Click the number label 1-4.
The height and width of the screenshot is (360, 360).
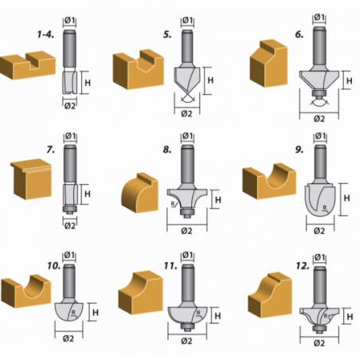point(45,34)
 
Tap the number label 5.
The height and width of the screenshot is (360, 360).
point(167,34)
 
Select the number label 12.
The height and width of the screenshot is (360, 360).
point(303,266)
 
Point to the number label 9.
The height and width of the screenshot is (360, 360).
point(299,150)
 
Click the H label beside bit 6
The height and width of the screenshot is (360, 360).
point(350,80)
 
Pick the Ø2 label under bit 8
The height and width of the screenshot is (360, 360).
point(186,231)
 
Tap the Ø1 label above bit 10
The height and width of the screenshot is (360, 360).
point(69,255)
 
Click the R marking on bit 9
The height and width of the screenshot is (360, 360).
point(324,208)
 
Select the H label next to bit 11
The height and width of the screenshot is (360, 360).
point(217,316)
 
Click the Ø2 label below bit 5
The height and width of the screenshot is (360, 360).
point(186,114)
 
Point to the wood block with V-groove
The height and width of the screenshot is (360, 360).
point(139,68)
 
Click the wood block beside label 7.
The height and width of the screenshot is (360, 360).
point(31,178)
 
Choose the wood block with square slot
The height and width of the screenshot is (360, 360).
point(28,65)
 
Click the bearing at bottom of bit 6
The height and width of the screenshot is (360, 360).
point(319,93)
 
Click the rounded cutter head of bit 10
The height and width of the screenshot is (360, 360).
point(69,311)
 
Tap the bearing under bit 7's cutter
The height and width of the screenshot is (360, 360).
point(70,209)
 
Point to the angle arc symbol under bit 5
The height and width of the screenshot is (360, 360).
point(187,100)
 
